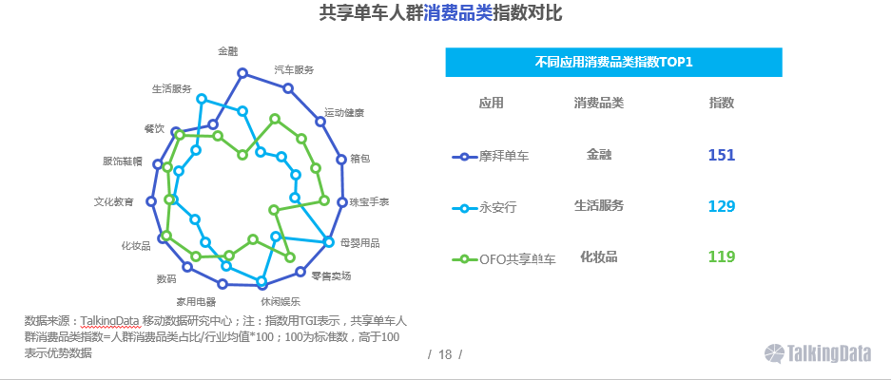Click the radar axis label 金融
point(228,51)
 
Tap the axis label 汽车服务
point(294,70)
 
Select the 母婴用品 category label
point(359,243)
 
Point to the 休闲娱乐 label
point(281,301)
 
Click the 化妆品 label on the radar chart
point(136,246)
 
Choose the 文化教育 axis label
point(114,201)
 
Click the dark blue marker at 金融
point(242,73)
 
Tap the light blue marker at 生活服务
point(202,99)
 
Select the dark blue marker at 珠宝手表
point(342,201)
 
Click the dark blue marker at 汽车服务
point(288,88)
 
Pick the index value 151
point(722,155)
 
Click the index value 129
point(722,206)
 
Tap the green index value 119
point(722,256)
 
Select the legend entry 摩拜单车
point(491,156)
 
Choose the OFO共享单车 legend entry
point(504,259)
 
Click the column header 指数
point(722,103)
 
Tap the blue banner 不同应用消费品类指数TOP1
point(613,62)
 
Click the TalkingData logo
point(818,353)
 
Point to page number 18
point(445,355)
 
